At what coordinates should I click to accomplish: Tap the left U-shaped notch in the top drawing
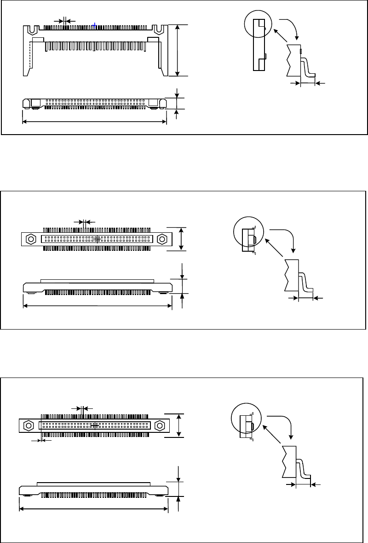coord(32,29)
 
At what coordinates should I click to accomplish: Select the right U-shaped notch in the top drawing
coord(159,29)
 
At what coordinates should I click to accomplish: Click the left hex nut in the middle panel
coord(31,239)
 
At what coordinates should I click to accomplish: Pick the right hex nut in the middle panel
coord(162,239)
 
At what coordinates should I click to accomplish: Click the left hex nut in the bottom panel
coord(28,425)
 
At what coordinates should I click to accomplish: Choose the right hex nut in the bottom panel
coord(160,425)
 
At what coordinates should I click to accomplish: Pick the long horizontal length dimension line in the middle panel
coord(98,305)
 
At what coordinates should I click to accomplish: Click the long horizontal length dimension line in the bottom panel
coord(94,509)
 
